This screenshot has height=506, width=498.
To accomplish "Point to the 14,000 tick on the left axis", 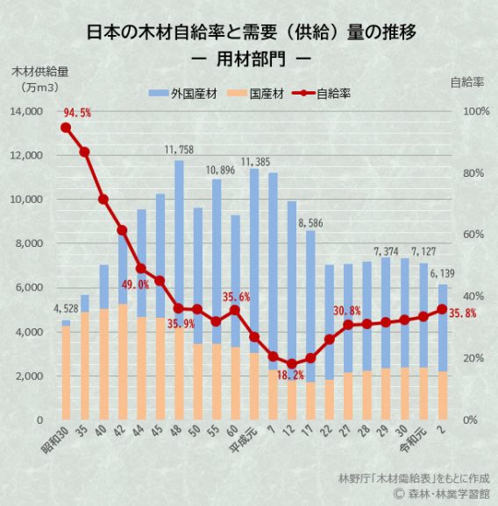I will pyautogui.click(x=27, y=112).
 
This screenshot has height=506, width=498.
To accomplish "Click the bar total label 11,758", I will pyautogui.click(x=179, y=151).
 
